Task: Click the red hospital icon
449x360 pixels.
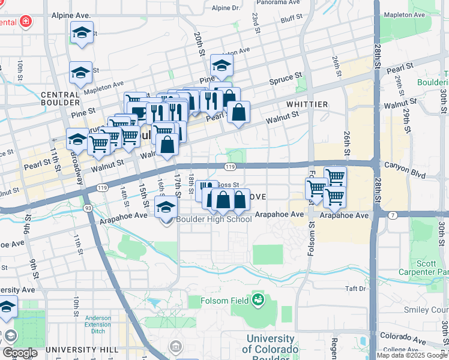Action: point(25,23)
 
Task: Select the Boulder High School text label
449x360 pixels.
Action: point(214,219)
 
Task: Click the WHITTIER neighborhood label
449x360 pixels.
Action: point(307,104)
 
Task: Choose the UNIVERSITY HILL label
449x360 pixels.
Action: point(79,349)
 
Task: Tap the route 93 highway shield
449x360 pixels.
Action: point(88,208)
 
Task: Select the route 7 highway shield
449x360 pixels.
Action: point(393,215)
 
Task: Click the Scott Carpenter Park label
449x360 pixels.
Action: point(430,268)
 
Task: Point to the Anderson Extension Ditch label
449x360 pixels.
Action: point(97,324)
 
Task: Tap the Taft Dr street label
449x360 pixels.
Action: point(355,289)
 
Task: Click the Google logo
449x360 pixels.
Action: point(19,353)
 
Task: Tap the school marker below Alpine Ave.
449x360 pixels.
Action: point(82,34)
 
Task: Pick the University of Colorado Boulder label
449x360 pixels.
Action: point(270,344)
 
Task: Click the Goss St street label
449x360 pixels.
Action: point(228,185)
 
